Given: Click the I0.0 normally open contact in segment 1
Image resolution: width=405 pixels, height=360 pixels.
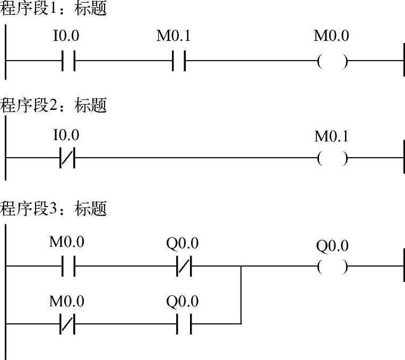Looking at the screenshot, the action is click(x=68, y=62).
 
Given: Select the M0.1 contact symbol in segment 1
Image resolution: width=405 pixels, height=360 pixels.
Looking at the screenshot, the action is click(x=178, y=62).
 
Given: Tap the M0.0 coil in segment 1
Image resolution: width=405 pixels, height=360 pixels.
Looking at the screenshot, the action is click(x=332, y=62).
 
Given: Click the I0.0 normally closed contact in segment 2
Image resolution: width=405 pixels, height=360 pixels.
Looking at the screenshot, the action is click(x=67, y=158).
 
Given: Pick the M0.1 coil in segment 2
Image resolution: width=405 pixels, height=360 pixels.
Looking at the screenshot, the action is click(x=332, y=158).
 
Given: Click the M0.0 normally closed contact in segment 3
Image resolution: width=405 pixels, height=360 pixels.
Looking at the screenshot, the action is click(x=67, y=323).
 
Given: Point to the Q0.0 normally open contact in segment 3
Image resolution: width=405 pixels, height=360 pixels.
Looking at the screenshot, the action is click(x=183, y=323).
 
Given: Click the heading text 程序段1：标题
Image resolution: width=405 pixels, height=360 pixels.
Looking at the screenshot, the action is click(x=54, y=9).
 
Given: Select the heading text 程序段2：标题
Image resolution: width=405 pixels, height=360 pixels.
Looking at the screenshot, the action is click(x=54, y=106).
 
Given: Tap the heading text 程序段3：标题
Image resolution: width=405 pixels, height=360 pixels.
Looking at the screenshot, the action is click(x=54, y=209).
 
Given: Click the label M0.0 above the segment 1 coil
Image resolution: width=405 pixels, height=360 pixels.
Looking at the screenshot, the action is click(x=332, y=37).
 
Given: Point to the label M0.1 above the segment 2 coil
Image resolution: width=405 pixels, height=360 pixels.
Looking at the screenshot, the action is click(x=332, y=136).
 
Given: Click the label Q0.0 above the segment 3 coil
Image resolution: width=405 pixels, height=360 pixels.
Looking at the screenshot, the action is click(x=332, y=246).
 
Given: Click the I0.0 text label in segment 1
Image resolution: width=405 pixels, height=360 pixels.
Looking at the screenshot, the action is click(x=67, y=37).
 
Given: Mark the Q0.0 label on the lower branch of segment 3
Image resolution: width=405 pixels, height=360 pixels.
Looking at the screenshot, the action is click(x=183, y=302).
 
